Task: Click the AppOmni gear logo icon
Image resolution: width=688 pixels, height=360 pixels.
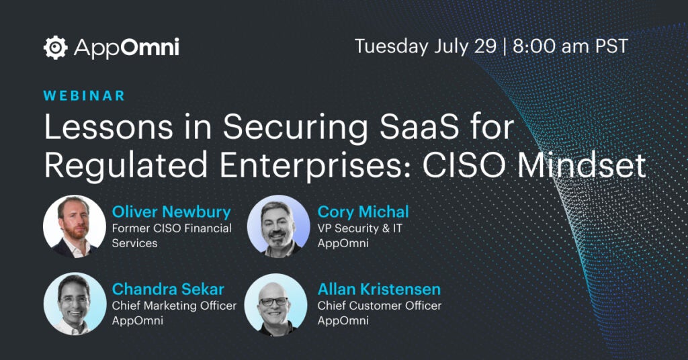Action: click(x=56, y=48)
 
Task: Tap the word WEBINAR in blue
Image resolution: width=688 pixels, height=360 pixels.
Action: click(x=84, y=95)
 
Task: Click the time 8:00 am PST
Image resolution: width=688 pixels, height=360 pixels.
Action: click(x=570, y=46)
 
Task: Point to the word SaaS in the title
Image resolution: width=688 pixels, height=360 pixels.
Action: click(x=419, y=127)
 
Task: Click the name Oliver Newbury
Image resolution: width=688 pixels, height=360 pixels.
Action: click(x=171, y=212)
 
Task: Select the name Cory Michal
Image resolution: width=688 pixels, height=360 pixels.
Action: click(x=363, y=212)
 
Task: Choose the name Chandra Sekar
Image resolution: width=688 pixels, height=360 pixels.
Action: click(x=168, y=289)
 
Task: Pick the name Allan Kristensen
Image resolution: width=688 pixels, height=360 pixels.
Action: click(x=379, y=289)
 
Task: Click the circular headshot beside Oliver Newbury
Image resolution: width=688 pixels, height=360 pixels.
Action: click(x=75, y=226)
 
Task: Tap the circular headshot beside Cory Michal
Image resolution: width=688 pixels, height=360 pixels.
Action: click(x=278, y=226)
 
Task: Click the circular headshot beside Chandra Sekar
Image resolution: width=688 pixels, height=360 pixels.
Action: click(x=75, y=304)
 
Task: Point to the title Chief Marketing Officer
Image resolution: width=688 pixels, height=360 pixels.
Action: click(x=174, y=306)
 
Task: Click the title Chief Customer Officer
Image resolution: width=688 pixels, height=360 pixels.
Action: click(x=380, y=306)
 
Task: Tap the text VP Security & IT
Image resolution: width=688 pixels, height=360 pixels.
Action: click(x=360, y=228)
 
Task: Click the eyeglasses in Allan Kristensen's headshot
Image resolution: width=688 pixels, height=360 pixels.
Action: click(x=274, y=302)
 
